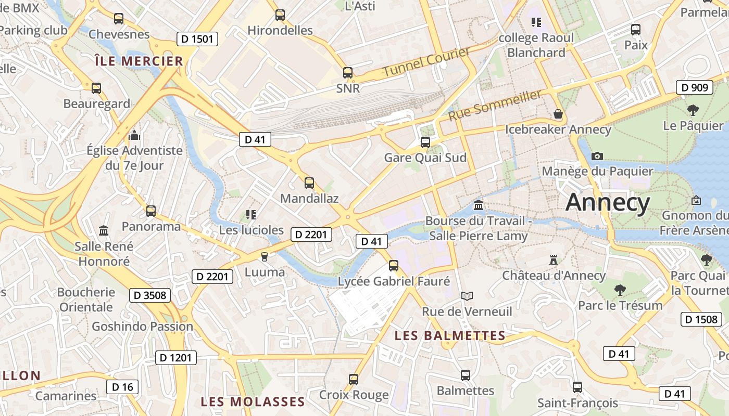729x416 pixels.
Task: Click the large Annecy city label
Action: (x=608, y=202)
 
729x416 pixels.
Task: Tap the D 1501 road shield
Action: (x=197, y=39)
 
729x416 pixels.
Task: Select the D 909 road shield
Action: (x=695, y=87)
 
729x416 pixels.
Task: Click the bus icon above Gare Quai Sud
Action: (x=425, y=142)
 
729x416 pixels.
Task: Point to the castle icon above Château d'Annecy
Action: (x=554, y=259)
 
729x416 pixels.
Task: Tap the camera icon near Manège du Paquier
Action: (x=597, y=156)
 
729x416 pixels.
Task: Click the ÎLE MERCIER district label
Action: (x=139, y=61)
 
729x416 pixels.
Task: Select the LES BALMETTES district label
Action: (x=450, y=336)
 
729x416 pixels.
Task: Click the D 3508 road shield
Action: (x=149, y=295)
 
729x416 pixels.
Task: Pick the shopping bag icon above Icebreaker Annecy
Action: (x=558, y=114)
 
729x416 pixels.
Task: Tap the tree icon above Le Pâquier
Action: (x=693, y=110)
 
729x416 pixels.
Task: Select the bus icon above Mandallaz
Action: (x=309, y=183)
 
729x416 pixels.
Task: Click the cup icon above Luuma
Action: (x=264, y=256)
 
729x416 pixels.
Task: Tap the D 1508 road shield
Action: (x=701, y=319)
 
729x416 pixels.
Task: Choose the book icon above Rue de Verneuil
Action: (x=467, y=296)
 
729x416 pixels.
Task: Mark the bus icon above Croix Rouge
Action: (x=354, y=380)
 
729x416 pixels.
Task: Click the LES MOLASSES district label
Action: (x=253, y=402)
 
